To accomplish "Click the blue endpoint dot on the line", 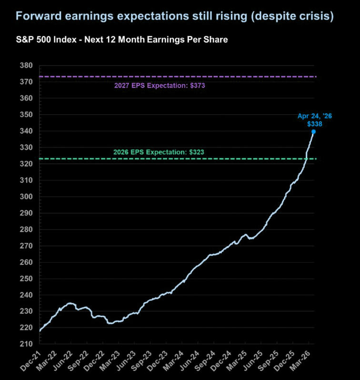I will tap(313, 131).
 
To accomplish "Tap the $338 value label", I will tap(314, 123).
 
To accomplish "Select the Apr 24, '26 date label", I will tap(314, 116).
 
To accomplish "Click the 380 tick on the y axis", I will tap(25, 66).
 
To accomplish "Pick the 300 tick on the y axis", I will tap(25, 197).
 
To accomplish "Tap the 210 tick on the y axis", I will tap(25, 344).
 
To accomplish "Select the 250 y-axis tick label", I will tap(25, 279).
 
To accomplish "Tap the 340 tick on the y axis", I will tap(25, 131).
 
